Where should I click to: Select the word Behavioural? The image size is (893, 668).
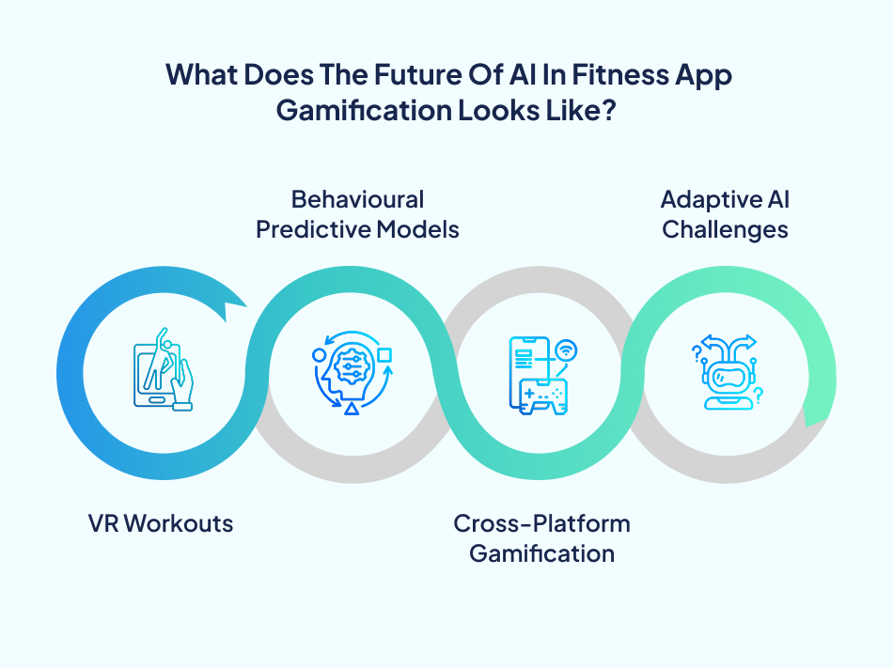[x=357, y=199]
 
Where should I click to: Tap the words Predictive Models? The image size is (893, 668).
[x=357, y=229]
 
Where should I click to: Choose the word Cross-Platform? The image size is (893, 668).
[x=541, y=523]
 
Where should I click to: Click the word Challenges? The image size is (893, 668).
[x=725, y=229]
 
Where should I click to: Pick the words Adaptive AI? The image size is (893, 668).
[x=725, y=199]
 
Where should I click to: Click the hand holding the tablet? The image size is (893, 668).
[x=181, y=387]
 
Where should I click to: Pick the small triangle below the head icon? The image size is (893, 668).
[x=352, y=411]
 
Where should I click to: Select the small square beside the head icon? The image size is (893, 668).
[x=384, y=355]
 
